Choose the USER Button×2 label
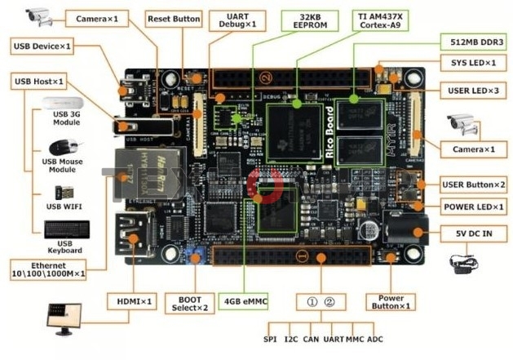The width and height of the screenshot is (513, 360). (x=473, y=184)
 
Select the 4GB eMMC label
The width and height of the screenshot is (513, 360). (x=244, y=300)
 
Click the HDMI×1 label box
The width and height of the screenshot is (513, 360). (x=132, y=301)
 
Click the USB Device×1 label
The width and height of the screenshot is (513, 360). (x=42, y=47)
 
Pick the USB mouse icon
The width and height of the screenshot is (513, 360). (x=64, y=148)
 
